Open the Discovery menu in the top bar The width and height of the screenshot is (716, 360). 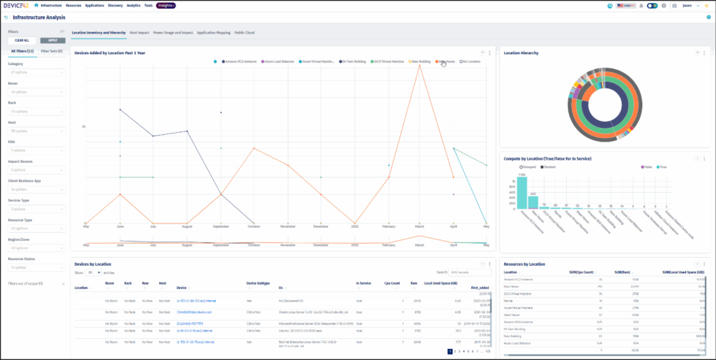115,5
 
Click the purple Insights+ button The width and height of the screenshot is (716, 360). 166,5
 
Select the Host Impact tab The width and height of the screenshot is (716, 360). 139,33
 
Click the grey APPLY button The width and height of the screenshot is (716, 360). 53,40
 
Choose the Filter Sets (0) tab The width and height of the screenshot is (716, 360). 51,51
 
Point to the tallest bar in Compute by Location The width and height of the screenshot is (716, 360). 522,194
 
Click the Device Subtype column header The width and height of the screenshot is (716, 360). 258,288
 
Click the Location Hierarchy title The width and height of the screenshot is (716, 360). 523,53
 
